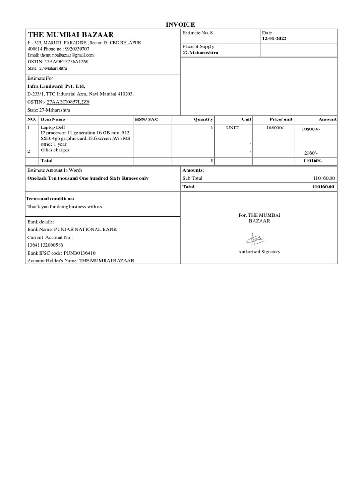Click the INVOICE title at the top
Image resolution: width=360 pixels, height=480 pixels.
[x=180, y=24]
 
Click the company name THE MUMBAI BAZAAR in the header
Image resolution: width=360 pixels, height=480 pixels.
[x=70, y=35]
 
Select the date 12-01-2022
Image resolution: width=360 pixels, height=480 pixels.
[x=274, y=39]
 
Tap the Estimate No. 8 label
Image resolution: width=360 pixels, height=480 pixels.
[x=197, y=33]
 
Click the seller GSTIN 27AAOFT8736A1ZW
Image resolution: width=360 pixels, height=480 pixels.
[x=58, y=61]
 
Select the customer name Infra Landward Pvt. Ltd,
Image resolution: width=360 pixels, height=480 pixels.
[x=56, y=86]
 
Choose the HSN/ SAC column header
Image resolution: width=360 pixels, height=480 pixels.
[x=147, y=120]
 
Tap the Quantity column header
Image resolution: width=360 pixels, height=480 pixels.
[x=203, y=120]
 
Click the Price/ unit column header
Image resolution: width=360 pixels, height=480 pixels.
[x=281, y=120]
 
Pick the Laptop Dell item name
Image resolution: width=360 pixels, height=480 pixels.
[x=51, y=127]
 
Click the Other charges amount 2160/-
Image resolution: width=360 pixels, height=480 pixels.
[x=311, y=153]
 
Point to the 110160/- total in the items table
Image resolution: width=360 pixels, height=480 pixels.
[x=313, y=161]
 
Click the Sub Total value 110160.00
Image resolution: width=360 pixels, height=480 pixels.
[x=323, y=178]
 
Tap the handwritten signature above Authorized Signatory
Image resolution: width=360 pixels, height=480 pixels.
[x=256, y=240]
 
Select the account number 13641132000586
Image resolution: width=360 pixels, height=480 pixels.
[x=45, y=245]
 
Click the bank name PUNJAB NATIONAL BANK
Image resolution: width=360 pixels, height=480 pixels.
[x=85, y=230]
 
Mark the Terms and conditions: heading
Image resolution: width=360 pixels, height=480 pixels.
[x=50, y=199]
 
